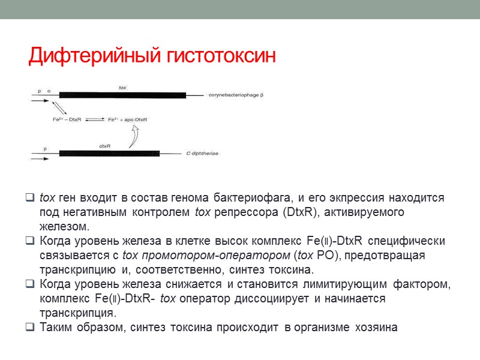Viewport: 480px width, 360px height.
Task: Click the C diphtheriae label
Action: click(x=202, y=154)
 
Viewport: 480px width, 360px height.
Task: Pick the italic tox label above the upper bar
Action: click(x=122, y=88)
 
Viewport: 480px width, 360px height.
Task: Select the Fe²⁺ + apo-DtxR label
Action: click(x=128, y=120)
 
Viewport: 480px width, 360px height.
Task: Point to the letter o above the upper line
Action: click(x=49, y=91)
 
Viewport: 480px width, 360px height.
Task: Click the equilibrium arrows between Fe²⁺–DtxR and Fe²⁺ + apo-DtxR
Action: click(x=95, y=120)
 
